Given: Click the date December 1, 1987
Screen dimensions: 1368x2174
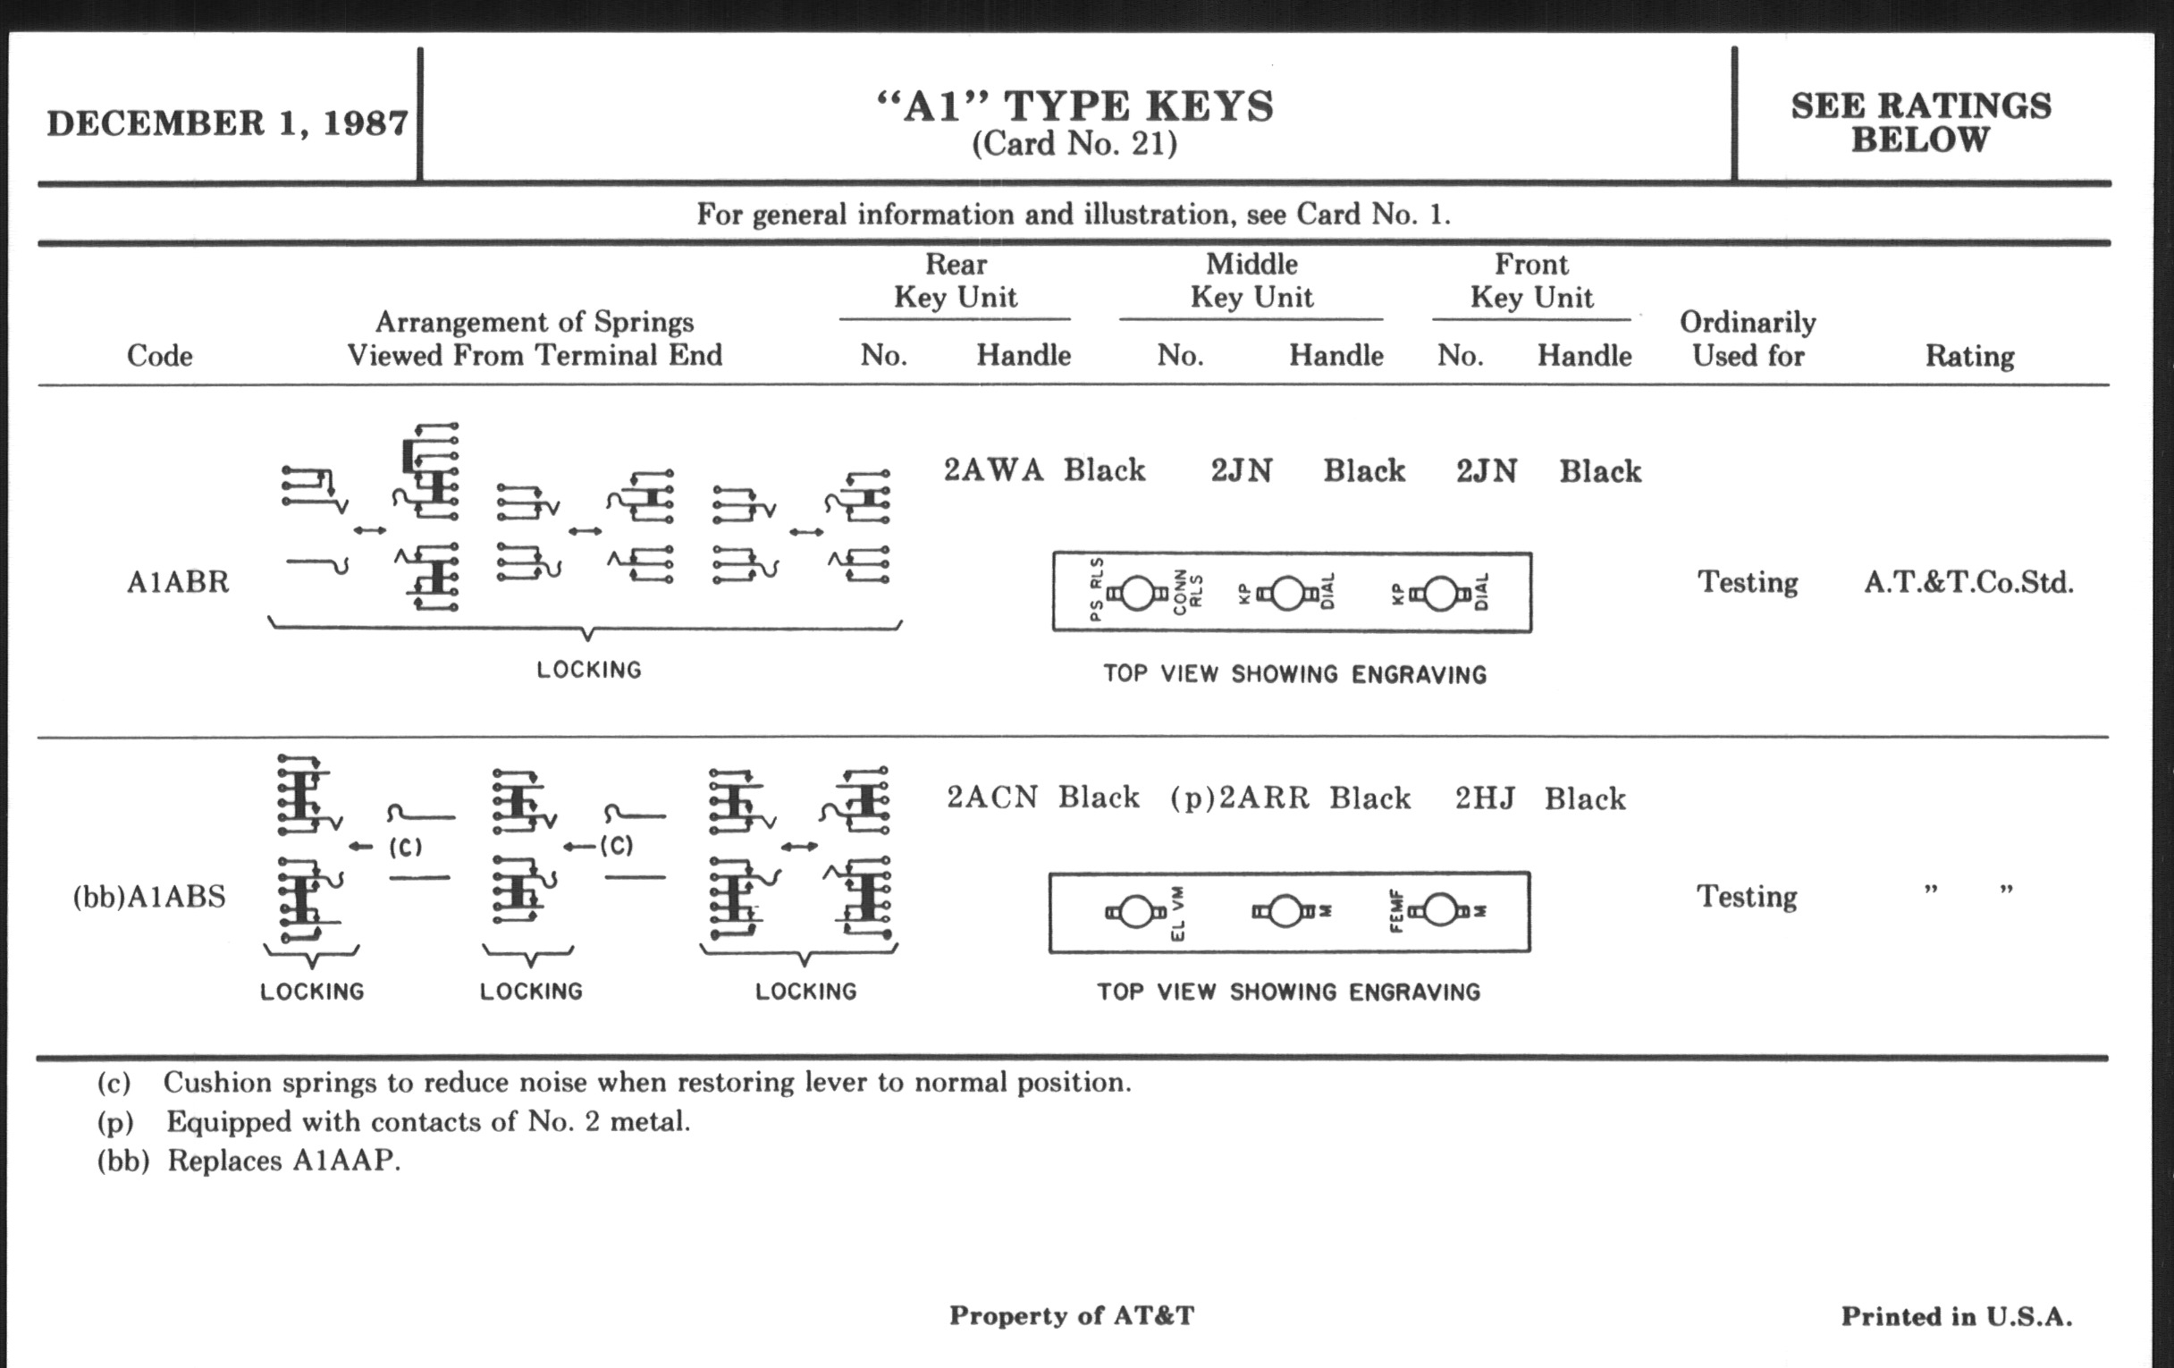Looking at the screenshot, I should pos(228,122).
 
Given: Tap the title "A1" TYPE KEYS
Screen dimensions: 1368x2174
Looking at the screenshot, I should pos(1074,106).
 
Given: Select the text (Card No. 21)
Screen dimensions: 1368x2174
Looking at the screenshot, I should pos(1074,144).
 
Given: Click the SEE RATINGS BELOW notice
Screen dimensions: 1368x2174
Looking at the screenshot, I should pos(1920,122).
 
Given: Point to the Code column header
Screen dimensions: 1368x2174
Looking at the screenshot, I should pos(160,355).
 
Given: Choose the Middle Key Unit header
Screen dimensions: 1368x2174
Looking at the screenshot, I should pos(1251,280).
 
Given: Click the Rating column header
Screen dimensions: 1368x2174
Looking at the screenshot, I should pos(1969,356).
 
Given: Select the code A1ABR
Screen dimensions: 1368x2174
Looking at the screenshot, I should pos(178,581).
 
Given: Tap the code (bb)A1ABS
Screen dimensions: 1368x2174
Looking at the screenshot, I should pos(149,897).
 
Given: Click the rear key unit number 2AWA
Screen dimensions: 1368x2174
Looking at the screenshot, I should pos(993,469).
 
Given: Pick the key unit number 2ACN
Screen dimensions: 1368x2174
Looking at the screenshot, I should pos(992,798).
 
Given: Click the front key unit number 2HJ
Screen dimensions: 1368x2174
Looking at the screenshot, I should pos(1484,798).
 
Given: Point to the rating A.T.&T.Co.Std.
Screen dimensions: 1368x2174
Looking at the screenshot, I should pos(1968,582).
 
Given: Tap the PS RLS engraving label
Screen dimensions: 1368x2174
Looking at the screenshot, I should pos(1096,589).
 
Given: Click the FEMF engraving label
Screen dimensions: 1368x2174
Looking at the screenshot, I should pos(1395,911).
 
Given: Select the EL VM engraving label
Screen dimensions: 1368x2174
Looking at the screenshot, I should pos(1177,914).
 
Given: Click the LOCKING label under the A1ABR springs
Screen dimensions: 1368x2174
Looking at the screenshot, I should pos(588,670).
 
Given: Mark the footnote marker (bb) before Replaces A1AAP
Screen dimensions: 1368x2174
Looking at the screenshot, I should pos(122,1161).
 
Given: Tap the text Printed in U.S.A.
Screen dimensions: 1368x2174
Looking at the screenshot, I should pos(1957,1316).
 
